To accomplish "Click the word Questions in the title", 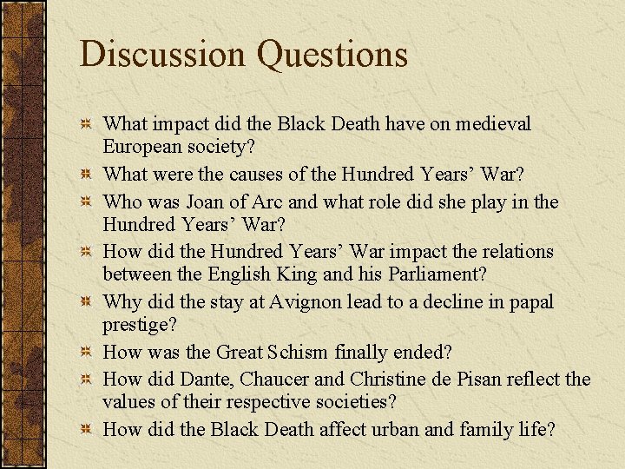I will [x=332, y=55].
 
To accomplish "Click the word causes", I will [x=262, y=174].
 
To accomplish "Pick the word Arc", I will [x=264, y=202].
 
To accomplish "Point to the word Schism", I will [x=294, y=353].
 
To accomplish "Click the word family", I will [x=464, y=429].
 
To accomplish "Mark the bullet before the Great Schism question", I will [x=86, y=353].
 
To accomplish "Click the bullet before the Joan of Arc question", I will [x=86, y=202].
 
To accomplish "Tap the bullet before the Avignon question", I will [x=86, y=302].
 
